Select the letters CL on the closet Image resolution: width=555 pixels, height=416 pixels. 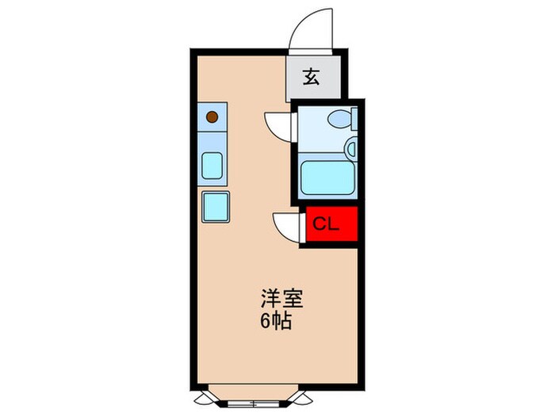tap(325, 223)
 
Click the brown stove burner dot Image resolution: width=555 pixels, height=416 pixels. tap(212, 117)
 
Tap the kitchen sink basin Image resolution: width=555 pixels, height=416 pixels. tap(212, 166)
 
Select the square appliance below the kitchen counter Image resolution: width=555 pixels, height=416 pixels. tap(216, 208)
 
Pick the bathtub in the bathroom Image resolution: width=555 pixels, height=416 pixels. tap(326, 179)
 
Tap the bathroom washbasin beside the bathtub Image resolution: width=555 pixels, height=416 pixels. tap(350, 147)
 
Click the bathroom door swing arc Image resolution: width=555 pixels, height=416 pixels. tap(279, 125)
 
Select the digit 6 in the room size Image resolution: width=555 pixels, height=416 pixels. tap(265, 322)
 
